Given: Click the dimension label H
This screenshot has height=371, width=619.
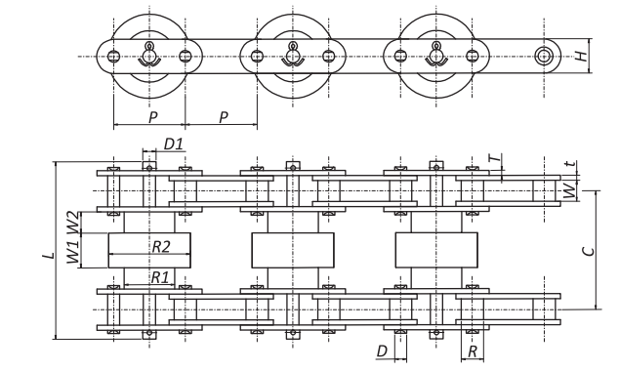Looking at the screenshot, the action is (x=581, y=56).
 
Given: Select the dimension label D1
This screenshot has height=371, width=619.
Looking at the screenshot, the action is (x=174, y=144).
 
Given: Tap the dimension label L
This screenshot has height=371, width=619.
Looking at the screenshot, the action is (x=48, y=254).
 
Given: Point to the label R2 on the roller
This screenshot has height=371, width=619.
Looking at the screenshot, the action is (x=161, y=246).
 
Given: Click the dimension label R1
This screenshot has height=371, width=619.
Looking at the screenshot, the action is (x=160, y=277).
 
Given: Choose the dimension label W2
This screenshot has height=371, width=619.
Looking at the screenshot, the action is (x=72, y=223).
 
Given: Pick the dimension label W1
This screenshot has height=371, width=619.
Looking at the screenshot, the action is (x=72, y=252).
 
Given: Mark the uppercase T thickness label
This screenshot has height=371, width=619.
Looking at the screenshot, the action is (x=496, y=158).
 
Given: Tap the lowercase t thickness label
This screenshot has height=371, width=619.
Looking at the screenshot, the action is (x=571, y=165).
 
